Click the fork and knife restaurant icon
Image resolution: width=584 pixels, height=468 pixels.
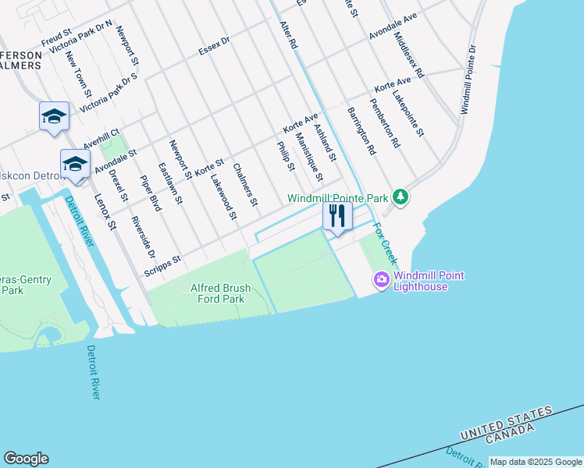[x=337, y=216]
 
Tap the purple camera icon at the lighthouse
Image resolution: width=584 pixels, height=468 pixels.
[x=382, y=279]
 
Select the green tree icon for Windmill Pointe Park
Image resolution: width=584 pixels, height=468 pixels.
[x=401, y=197]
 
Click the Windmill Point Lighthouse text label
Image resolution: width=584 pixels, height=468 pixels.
[x=421, y=281]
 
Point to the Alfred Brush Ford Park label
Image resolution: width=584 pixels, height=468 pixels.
[x=221, y=293]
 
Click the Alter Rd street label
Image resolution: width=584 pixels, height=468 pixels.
[x=289, y=36]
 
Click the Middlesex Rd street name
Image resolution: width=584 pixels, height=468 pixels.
[x=409, y=55]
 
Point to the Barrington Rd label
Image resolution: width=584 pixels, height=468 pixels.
[x=361, y=129]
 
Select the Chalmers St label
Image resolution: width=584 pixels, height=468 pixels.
[x=245, y=184]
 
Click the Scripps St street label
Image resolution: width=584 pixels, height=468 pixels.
[x=162, y=265]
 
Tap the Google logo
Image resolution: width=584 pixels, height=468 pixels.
[x=26, y=459]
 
